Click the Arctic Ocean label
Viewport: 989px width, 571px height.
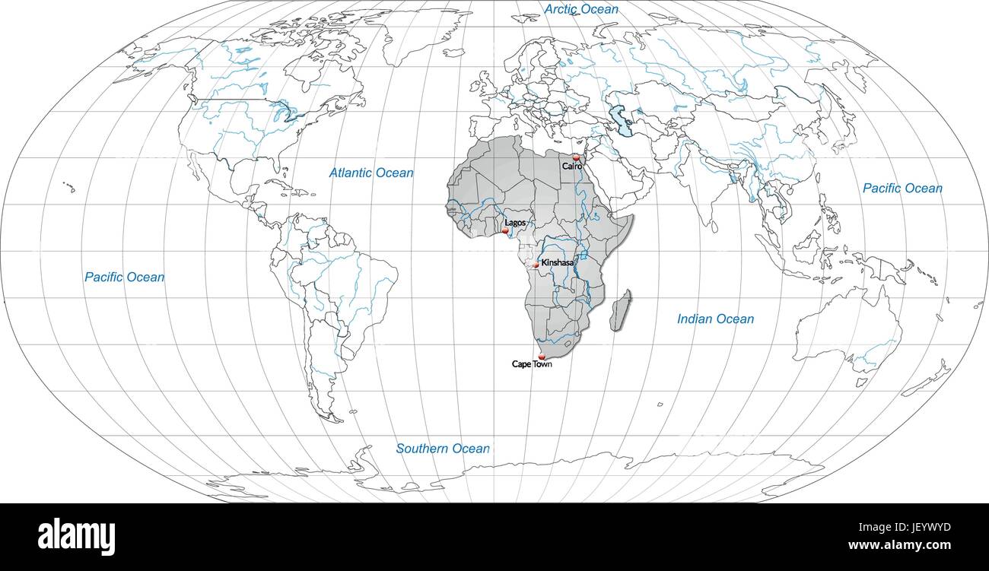[x=581, y=9]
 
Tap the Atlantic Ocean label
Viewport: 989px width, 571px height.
[x=371, y=173]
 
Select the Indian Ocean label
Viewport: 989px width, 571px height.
[x=715, y=319]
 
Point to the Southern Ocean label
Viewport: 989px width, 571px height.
[x=443, y=449]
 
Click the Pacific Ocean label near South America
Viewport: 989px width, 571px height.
[x=124, y=278]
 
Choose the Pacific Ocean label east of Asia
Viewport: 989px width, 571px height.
[x=902, y=189]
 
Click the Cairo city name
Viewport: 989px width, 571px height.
[x=572, y=166]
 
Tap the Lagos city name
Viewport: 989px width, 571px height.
[x=515, y=223]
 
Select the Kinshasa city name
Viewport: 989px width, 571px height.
[x=558, y=262]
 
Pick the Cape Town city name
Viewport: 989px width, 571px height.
[x=532, y=364]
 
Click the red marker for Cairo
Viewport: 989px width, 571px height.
[x=576, y=157]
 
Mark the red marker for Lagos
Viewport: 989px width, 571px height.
[x=505, y=230]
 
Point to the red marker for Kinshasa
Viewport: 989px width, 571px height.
[x=536, y=265]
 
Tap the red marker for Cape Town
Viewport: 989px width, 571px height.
[x=542, y=356]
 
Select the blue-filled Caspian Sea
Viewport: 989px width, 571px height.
[x=624, y=122]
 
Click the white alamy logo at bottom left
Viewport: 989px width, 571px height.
[x=76, y=537]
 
